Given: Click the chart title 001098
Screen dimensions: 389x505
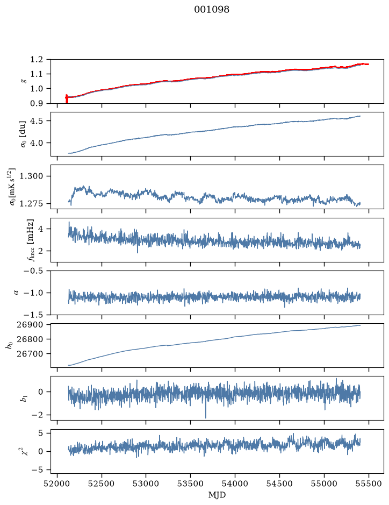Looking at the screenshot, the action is [212, 10].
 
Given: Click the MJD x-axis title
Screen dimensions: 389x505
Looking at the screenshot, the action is [217, 495].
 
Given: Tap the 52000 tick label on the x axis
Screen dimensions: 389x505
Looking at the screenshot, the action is [57, 483].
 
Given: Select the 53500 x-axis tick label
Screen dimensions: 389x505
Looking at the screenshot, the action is [191, 483].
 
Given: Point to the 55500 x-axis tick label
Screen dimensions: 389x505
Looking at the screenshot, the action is [369, 483].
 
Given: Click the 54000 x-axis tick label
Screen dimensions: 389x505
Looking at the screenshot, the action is [235, 483].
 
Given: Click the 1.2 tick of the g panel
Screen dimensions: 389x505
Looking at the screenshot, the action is [37, 59].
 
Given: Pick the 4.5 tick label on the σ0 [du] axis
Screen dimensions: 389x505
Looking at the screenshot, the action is [37, 121].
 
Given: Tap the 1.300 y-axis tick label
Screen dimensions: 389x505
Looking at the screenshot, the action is [31, 176].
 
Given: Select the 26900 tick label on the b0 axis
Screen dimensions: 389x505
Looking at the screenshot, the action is [29, 325].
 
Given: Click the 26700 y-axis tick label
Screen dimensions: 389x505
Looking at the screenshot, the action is [29, 354].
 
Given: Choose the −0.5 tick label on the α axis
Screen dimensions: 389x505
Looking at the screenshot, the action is [33, 271].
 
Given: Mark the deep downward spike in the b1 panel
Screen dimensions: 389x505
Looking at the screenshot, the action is [206, 410].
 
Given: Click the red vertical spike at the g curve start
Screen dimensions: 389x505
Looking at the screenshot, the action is [67, 98].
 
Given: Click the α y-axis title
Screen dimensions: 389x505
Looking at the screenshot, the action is [16, 293].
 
